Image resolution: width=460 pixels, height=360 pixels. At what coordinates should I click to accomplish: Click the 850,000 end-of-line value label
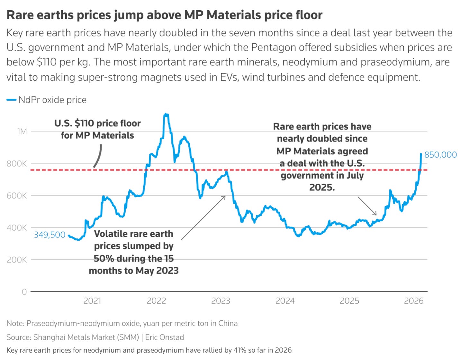440,155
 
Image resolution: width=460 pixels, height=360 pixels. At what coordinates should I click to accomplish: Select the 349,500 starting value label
50,235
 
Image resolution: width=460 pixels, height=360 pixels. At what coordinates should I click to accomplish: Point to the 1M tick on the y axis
22,131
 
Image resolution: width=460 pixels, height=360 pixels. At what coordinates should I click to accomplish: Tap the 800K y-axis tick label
17,163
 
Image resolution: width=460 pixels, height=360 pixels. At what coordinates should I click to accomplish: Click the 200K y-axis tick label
17,260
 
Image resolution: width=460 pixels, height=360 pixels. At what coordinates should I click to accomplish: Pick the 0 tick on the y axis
24,292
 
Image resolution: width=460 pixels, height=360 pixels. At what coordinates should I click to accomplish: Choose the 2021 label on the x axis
92,301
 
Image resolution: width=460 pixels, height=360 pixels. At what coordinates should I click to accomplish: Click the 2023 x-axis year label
221,301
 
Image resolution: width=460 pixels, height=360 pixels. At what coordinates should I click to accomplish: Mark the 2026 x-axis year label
413,301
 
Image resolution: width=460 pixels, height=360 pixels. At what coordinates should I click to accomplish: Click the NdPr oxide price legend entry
52,100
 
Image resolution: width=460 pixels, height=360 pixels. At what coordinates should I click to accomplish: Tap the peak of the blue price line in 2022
166,114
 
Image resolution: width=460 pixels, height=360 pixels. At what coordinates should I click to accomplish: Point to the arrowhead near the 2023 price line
224,197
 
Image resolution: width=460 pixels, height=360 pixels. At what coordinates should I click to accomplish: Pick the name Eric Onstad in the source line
164,337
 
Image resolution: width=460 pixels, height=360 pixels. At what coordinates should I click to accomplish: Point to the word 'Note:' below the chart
15,323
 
